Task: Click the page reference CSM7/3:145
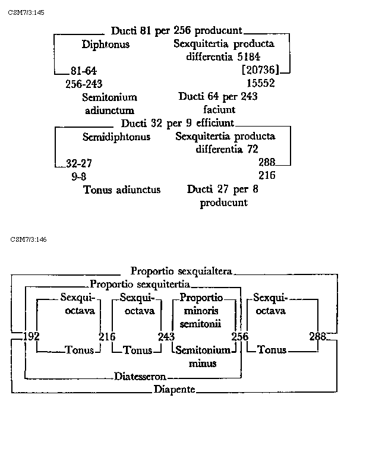pyautogui.click(x=27, y=12)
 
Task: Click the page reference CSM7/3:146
pyautogui.click(x=29, y=239)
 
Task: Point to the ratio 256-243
pyautogui.click(x=84, y=84)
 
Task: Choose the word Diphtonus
pyautogui.click(x=106, y=45)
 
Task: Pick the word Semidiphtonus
pyautogui.click(x=116, y=137)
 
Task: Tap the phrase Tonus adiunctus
pyautogui.click(x=122, y=190)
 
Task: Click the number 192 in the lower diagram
pyautogui.click(x=30, y=337)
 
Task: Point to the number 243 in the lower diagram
pyautogui.click(x=166, y=337)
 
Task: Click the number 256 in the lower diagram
pyautogui.click(x=240, y=337)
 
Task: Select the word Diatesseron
pyautogui.click(x=140, y=377)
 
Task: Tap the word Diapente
pyautogui.click(x=174, y=390)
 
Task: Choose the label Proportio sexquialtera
pyautogui.click(x=181, y=271)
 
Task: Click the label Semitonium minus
pyautogui.click(x=203, y=356)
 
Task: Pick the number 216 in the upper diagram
pyautogui.click(x=267, y=176)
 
